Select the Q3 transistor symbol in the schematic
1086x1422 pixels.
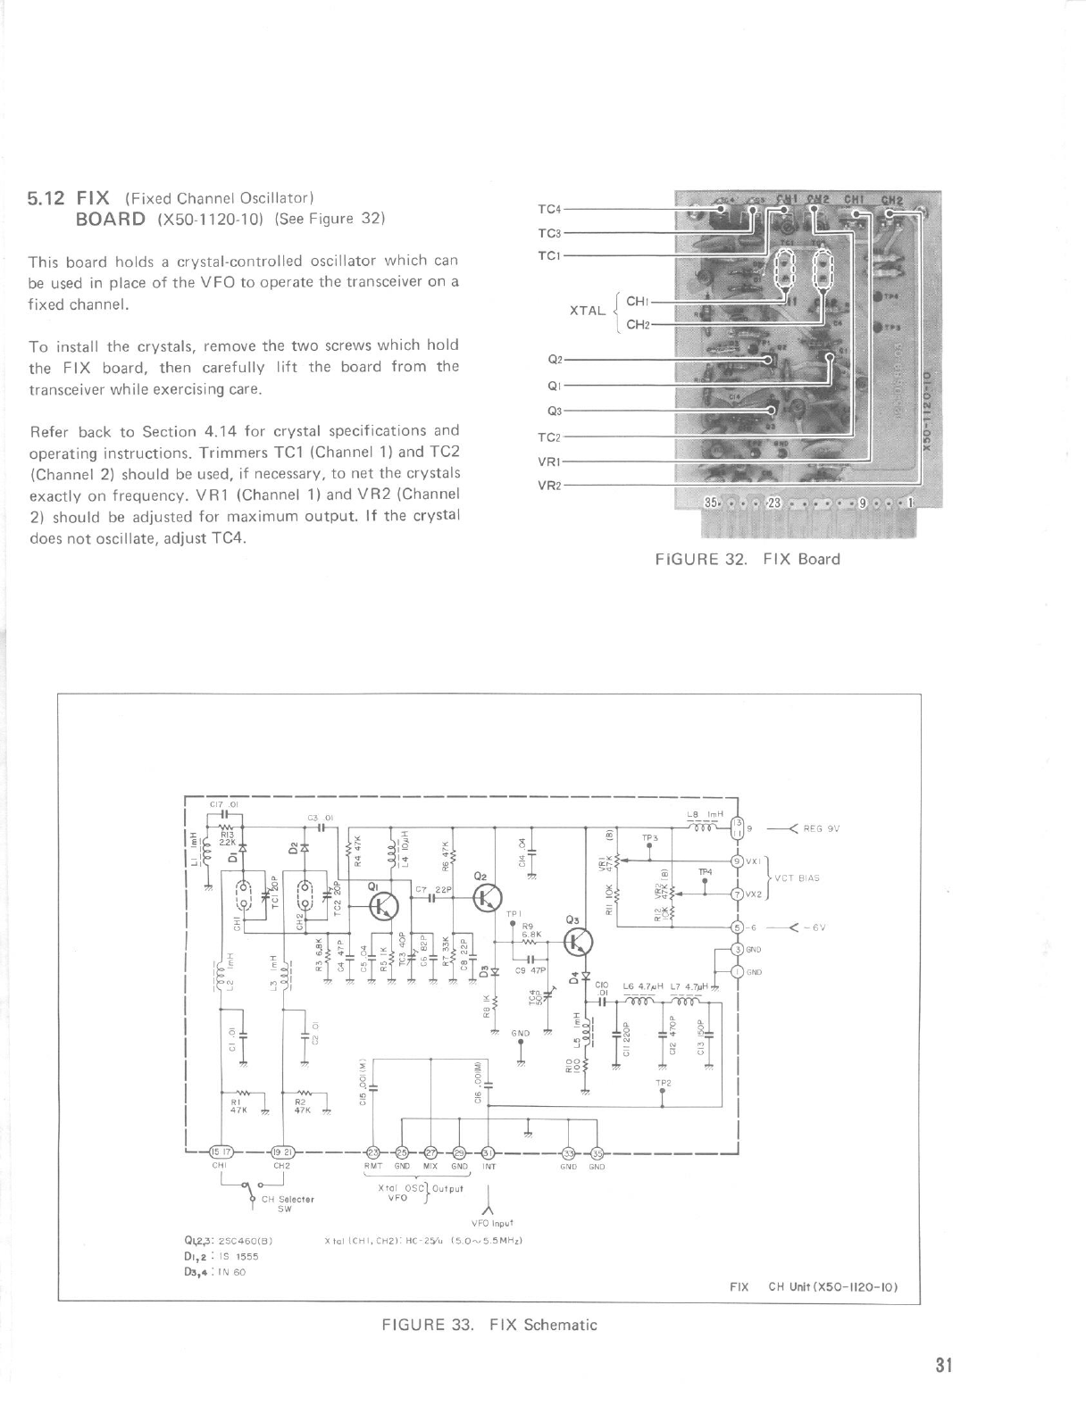pyautogui.click(x=578, y=943)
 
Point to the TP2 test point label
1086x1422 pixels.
pyautogui.click(x=662, y=1082)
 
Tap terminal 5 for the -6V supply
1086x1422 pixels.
pyautogui.click(x=737, y=927)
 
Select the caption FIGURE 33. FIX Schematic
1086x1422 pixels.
pyautogui.click(x=489, y=1324)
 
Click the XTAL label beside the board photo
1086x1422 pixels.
pyautogui.click(x=587, y=312)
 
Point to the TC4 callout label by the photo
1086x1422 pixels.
pyautogui.click(x=548, y=209)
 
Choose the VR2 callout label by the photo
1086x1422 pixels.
pyautogui.click(x=548, y=486)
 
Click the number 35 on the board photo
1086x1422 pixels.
pyautogui.click(x=712, y=503)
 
